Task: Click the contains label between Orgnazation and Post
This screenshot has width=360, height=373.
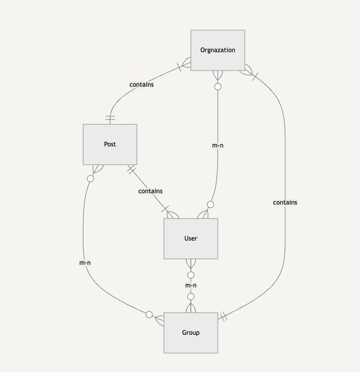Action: tap(142, 85)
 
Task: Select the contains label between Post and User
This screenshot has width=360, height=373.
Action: tap(150, 191)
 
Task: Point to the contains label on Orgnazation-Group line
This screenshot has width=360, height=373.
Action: tap(285, 202)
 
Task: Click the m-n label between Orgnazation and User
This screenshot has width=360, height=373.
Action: tap(217, 145)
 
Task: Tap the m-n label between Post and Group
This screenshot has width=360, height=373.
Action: tap(85, 263)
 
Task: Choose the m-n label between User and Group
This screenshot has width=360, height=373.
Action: tap(190, 285)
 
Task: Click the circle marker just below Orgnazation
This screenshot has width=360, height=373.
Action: tap(217, 86)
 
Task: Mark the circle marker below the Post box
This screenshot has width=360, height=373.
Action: tap(90, 179)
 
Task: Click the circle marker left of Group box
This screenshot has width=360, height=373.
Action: tap(149, 315)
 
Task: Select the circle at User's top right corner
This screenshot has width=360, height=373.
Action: tap(210, 205)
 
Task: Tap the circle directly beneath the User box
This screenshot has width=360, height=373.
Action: tap(190, 275)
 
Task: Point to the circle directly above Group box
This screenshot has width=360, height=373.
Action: tap(190, 297)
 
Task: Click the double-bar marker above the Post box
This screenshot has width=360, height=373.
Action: tap(110, 117)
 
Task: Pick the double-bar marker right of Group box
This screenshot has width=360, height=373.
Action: tap(224, 317)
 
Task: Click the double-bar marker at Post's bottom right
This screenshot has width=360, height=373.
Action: tap(131, 170)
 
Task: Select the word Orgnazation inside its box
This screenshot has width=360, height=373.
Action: tap(217, 50)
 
